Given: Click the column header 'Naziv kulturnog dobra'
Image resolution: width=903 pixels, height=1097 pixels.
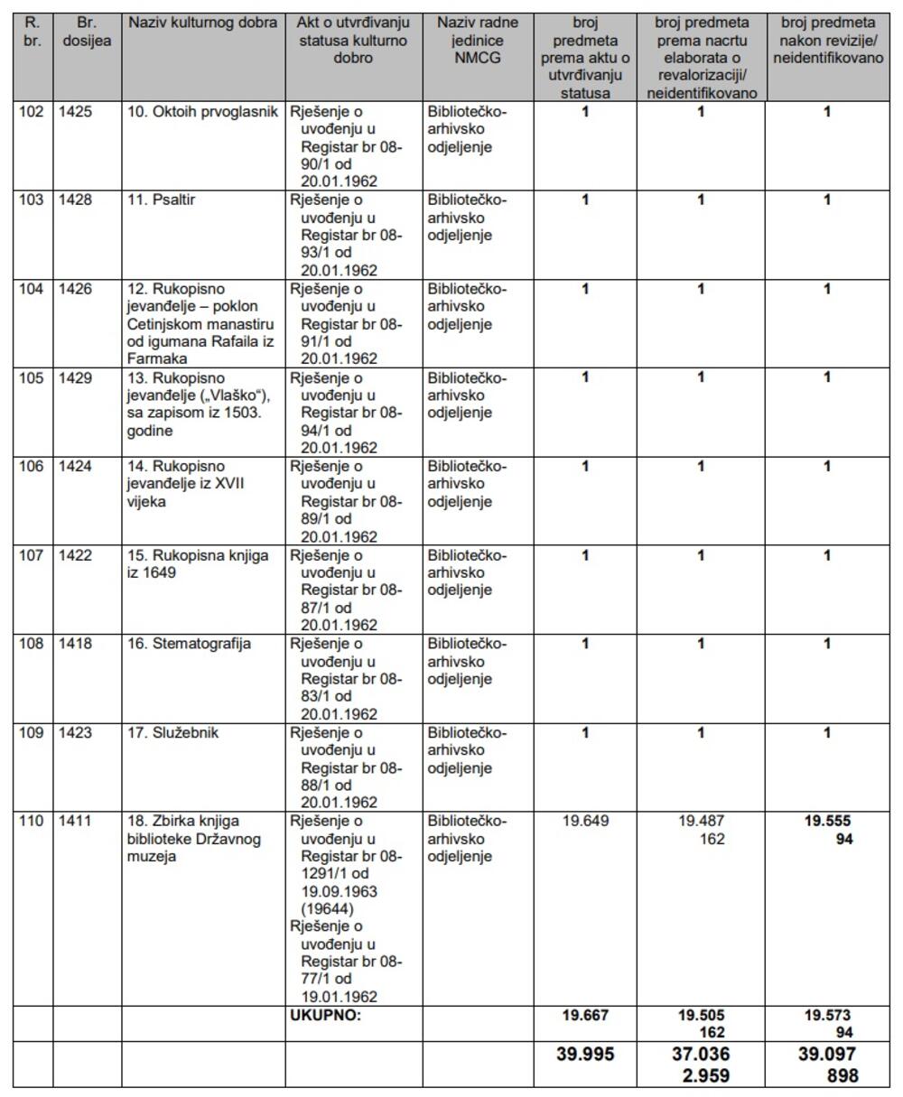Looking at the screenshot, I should coord(203,23).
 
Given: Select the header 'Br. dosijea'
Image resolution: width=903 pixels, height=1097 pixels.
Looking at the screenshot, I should coord(87,32).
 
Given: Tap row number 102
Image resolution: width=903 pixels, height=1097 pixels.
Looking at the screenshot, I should coord(32,112).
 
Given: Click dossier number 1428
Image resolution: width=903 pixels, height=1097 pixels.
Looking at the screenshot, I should coord(75,200).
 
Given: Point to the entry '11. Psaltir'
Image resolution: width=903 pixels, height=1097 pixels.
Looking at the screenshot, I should coord(161,200).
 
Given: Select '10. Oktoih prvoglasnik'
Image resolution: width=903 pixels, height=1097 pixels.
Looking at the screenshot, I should coord(202,112).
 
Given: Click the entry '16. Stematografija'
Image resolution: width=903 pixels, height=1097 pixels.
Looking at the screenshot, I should coord(189,644).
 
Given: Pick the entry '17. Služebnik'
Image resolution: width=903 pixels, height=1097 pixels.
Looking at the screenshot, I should coord(173,732).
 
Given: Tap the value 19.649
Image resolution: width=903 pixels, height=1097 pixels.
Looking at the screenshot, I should coord(585,822).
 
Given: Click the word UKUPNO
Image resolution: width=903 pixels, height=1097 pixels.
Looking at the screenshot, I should coord(325,1015).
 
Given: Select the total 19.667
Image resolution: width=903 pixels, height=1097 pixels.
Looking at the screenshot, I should coord(585,1015).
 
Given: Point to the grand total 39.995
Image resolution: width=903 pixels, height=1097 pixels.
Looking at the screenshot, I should coord(585,1055).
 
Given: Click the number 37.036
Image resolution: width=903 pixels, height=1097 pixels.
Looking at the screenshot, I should coord(701,1055).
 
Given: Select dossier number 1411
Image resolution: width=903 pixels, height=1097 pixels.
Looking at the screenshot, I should coord(75,822).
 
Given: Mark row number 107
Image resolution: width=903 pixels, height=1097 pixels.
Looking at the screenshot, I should coord(32,555).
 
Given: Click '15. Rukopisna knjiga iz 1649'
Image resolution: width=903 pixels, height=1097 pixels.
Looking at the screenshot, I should coord(198,564).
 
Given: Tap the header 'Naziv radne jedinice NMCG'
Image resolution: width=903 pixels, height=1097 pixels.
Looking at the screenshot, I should coord(478,41).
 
